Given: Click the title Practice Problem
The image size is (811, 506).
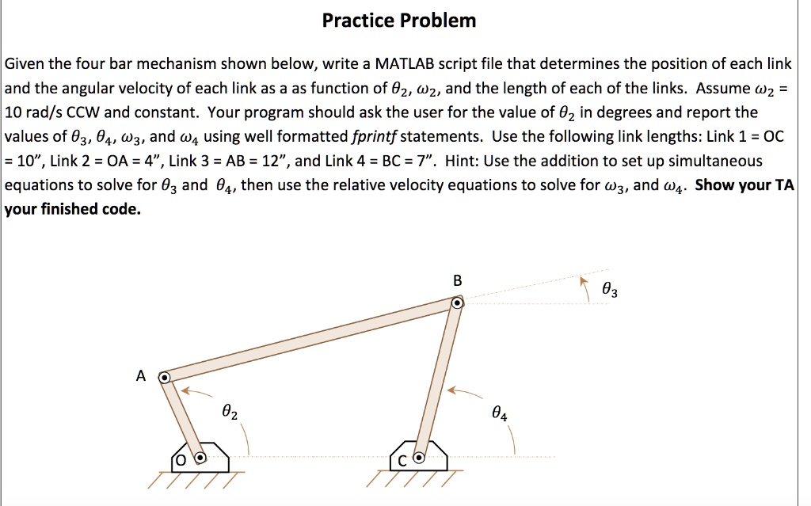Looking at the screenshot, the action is point(399,21).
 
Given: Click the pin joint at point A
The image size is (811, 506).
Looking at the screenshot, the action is point(164,378).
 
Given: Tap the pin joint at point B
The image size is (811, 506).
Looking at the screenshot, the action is point(457,303).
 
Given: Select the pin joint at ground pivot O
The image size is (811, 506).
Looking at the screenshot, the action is point(200,457).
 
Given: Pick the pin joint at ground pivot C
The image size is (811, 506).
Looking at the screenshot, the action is point(420,457).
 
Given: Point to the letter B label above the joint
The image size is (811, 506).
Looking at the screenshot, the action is point(457,280).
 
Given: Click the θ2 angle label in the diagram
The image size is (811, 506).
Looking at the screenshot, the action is point(229,413).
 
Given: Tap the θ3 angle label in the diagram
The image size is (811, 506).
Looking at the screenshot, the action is point(610,291).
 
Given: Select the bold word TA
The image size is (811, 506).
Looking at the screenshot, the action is point(785,185).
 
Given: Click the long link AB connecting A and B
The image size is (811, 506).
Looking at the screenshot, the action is point(310,341).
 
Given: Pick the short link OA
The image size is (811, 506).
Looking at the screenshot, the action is point(182,417).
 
